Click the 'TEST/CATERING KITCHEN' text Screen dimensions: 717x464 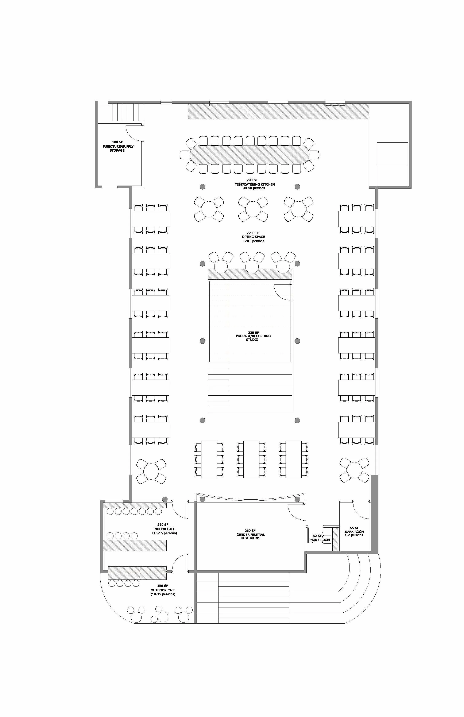pos(255,184)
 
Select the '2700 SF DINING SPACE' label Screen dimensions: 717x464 pos(253,237)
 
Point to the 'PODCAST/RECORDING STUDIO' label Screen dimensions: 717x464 pos(253,336)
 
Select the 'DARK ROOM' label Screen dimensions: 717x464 pos(354,532)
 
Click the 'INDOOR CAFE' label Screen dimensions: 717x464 pos(164,529)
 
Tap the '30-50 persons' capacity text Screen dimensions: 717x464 pos(254,188)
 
